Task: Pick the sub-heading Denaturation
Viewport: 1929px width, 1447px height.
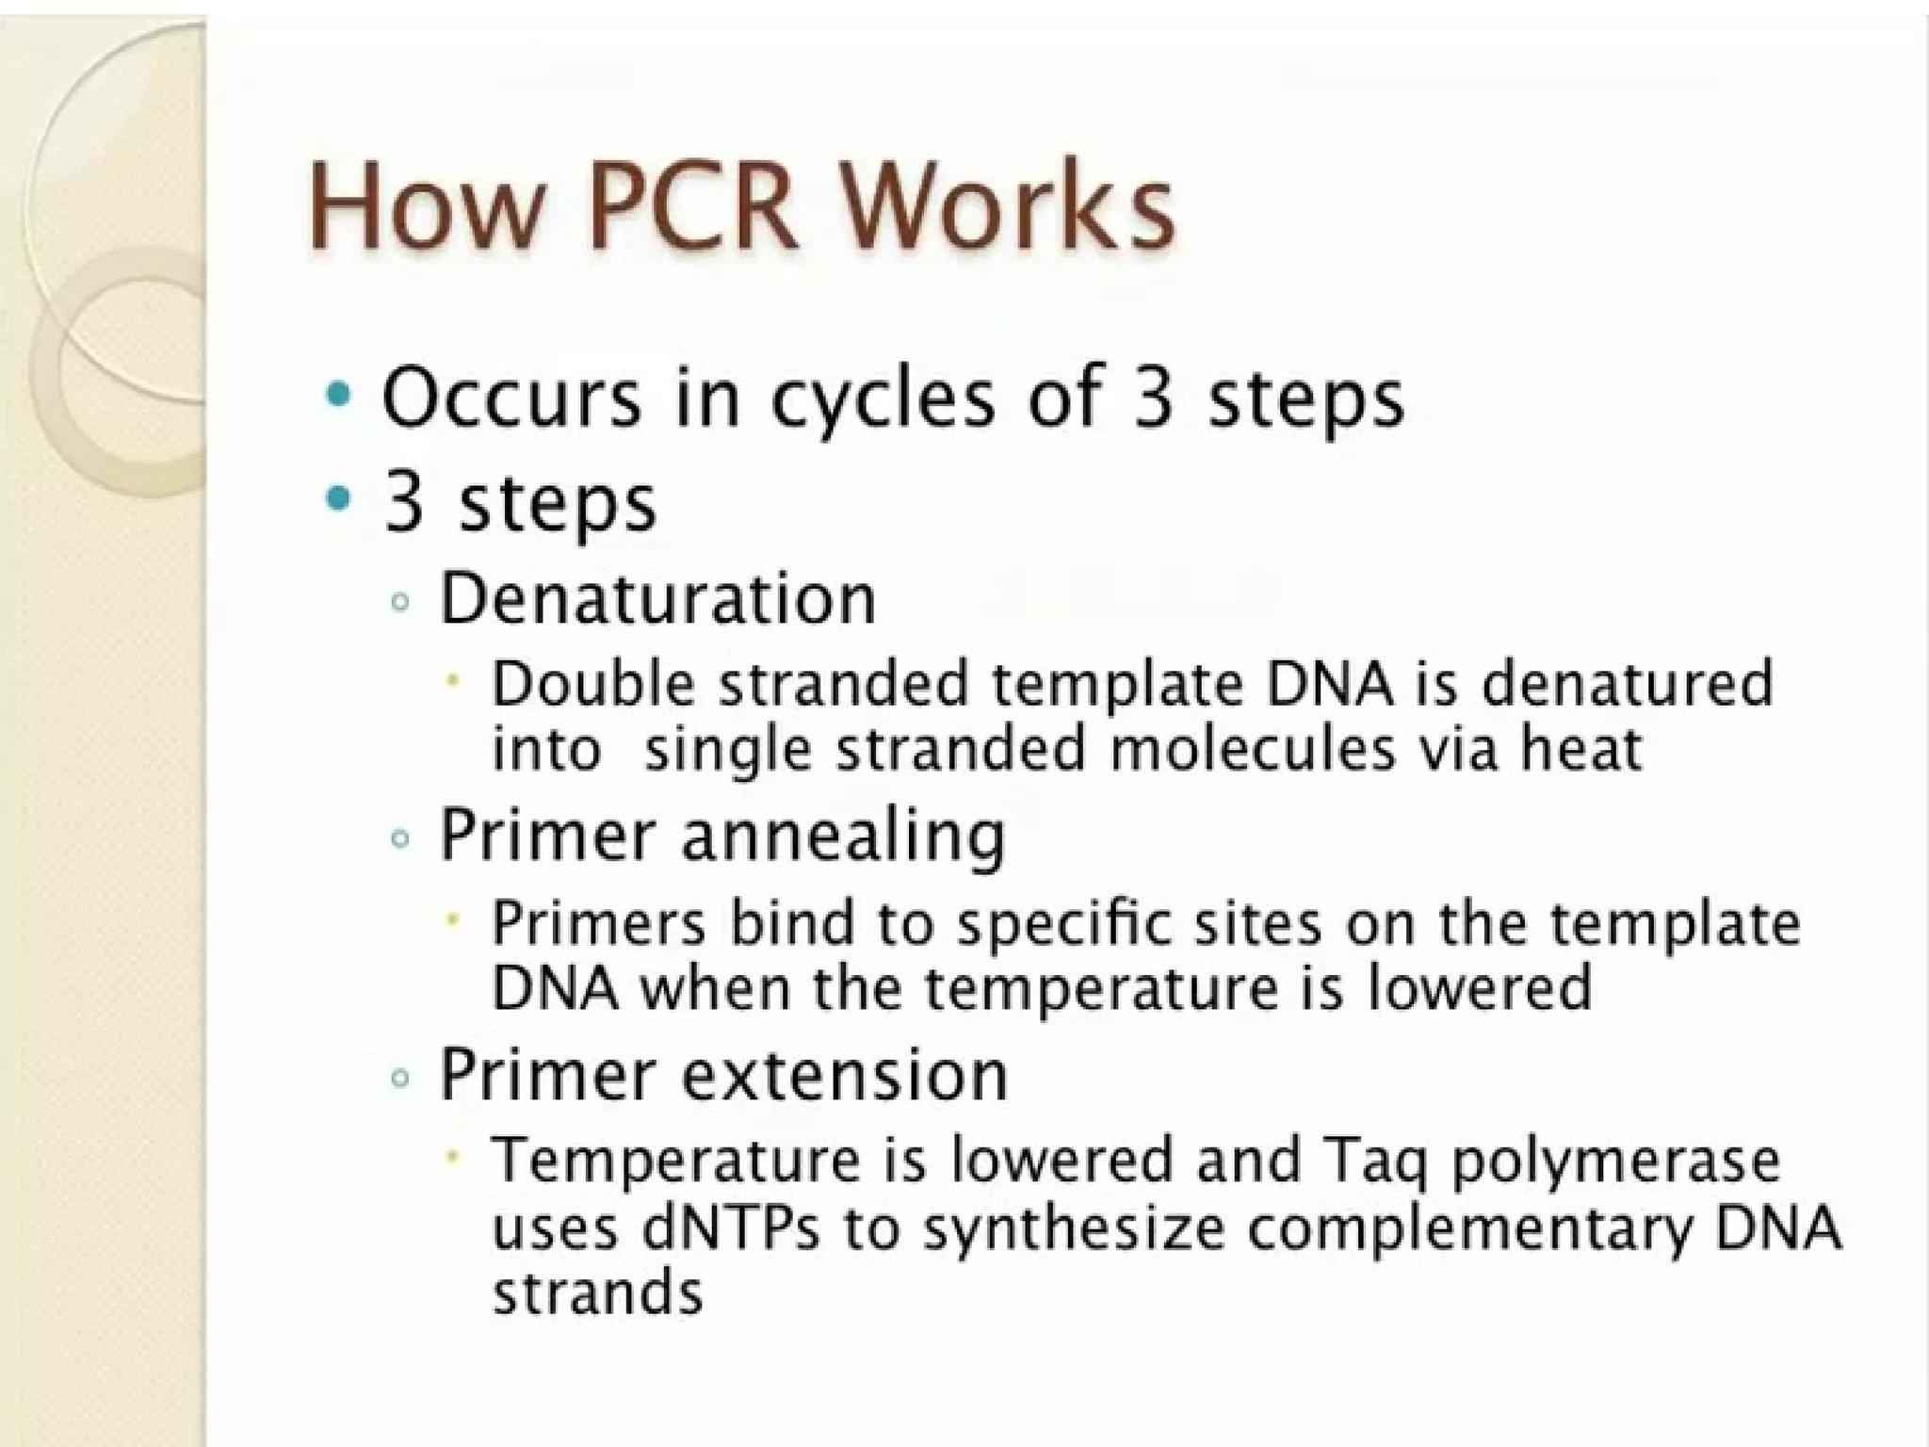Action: click(657, 599)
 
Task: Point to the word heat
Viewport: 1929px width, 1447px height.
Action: click(1582, 750)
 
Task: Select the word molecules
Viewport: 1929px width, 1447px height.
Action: click(1253, 750)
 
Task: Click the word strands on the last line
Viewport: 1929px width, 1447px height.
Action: click(597, 1293)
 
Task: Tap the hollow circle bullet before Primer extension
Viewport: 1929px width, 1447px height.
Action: click(400, 1078)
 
